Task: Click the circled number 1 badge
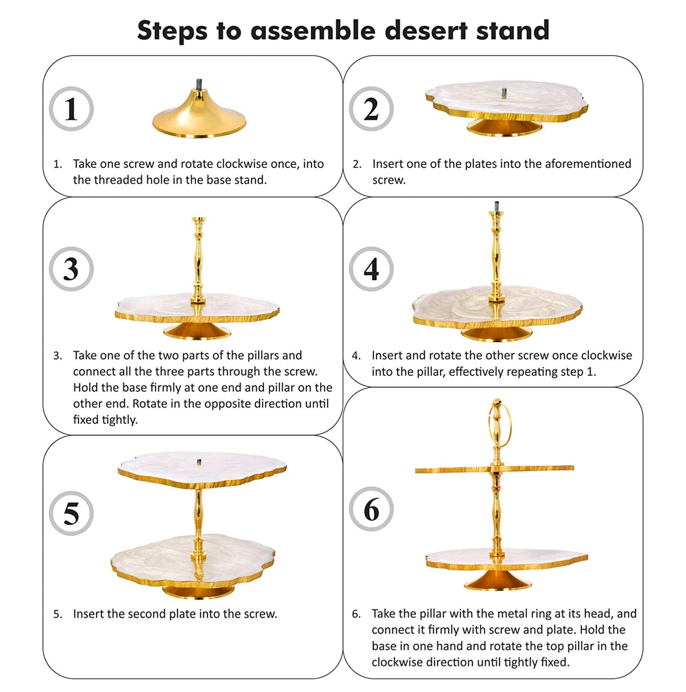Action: pos(71,108)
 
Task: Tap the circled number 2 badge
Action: pos(371,108)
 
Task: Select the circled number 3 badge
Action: pos(71,269)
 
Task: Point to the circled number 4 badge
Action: pos(371,269)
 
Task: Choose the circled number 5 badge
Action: pos(71,514)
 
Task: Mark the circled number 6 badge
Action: pos(371,509)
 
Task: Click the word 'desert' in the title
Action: pos(426,30)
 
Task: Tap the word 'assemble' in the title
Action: pos(313,30)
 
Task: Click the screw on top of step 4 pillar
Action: pos(496,206)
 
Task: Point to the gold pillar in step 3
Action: pos(198,260)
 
